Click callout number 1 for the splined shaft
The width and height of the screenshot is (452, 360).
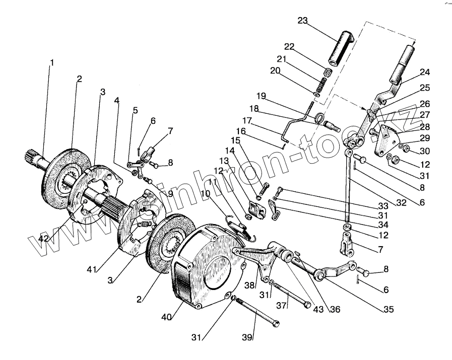(x=51, y=63)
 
